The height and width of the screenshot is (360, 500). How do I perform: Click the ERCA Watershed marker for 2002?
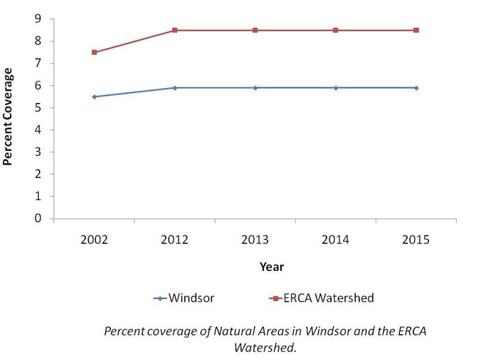pos(94,52)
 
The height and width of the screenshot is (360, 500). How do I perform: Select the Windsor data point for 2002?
pos(94,97)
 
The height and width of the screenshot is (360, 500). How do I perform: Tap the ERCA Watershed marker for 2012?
pos(175,30)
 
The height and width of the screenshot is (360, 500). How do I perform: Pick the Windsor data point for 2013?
pos(255,88)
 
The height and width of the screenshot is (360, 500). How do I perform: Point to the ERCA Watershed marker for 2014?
pos(335,30)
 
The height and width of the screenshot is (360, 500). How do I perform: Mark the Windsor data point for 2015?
pos(416,88)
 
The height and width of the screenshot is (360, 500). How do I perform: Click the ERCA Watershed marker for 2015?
pos(416,30)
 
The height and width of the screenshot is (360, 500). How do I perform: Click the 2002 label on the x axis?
pos(94,241)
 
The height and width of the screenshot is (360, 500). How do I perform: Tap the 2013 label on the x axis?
pos(255,241)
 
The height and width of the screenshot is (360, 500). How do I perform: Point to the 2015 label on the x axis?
pos(416,241)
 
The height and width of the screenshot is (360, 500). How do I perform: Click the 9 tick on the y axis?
pos(39,19)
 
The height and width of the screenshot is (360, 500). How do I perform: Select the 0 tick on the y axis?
pos(39,219)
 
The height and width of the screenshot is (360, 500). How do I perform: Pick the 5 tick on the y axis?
pos(39,108)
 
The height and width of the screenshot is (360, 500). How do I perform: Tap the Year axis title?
pos(272,267)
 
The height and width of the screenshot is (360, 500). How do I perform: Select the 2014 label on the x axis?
pos(335,241)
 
